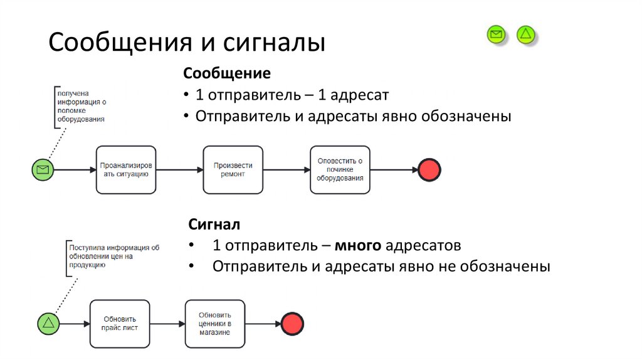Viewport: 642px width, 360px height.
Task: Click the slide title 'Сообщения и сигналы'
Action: (x=187, y=43)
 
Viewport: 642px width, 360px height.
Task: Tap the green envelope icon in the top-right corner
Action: (x=497, y=34)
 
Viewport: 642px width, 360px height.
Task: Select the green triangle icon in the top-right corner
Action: (x=526, y=34)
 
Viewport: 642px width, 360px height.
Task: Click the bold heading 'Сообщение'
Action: (x=227, y=74)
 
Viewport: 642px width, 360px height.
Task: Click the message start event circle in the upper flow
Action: (x=43, y=169)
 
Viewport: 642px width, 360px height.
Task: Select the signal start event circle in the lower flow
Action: (x=49, y=324)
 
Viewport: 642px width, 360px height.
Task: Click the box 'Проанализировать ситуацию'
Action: (x=126, y=169)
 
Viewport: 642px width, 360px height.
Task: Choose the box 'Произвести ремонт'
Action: (x=233, y=169)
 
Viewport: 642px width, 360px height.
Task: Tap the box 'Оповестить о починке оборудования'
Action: (x=340, y=169)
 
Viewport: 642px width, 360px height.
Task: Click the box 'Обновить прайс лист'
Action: (x=120, y=324)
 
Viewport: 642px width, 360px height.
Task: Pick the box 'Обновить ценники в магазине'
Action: (x=215, y=324)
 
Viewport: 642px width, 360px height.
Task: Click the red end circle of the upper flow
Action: (x=429, y=169)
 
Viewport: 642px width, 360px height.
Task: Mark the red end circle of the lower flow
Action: (x=292, y=324)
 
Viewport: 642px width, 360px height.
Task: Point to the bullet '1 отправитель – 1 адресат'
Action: (x=292, y=95)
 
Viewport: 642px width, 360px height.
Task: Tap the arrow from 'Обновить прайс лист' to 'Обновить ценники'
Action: (x=167, y=324)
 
